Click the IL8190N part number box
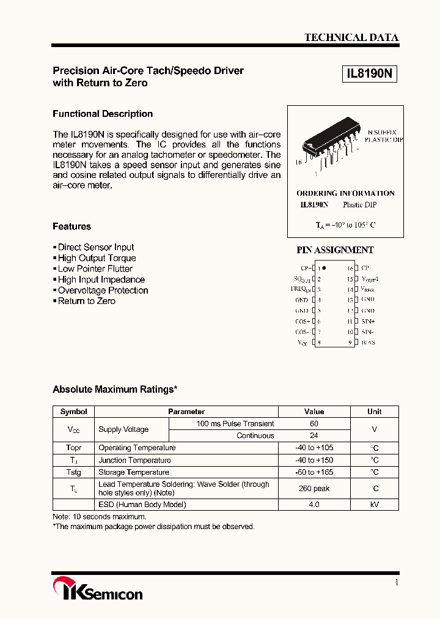click(370, 75)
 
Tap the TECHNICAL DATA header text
click(351, 37)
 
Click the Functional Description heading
click(103, 114)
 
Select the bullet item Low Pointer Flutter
click(95, 269)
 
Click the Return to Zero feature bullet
click(86, 301)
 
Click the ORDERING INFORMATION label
click(345, 193)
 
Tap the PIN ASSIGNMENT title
click(335, 250)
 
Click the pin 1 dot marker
click(324, 268)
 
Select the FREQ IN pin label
click(301, 289)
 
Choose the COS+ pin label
click(301, 321)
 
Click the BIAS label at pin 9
click(368, 343)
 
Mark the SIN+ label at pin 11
click(368, 321)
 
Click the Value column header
click(314, 412)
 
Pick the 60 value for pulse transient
click(314, 423)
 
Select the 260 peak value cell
click(314, 488)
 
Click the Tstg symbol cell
click(73, 472)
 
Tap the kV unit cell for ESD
click(375, 505)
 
